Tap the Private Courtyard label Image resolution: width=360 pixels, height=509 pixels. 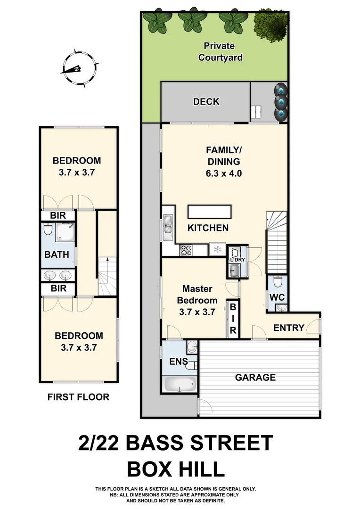tap(220, 52)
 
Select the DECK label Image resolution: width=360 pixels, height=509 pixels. tap(206, 102)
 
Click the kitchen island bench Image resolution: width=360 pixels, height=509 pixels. tap(210, 212)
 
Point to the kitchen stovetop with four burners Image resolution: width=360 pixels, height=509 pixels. tap(186, 250)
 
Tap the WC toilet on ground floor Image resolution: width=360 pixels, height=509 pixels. tap(278, 282)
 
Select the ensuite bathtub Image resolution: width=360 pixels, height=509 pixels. tap(180, 384)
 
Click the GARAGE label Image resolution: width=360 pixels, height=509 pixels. tap(255, 378)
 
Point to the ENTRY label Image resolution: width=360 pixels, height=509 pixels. tap(288, 328)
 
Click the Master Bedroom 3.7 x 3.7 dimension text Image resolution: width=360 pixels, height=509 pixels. tap(197, 312)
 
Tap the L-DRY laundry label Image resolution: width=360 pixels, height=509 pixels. tap(235, 260)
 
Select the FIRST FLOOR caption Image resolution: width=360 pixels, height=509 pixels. tap(78, 397)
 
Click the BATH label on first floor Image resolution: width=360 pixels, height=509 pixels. tap(57, 254)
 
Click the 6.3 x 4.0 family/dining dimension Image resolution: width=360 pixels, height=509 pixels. tap(223, 173)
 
